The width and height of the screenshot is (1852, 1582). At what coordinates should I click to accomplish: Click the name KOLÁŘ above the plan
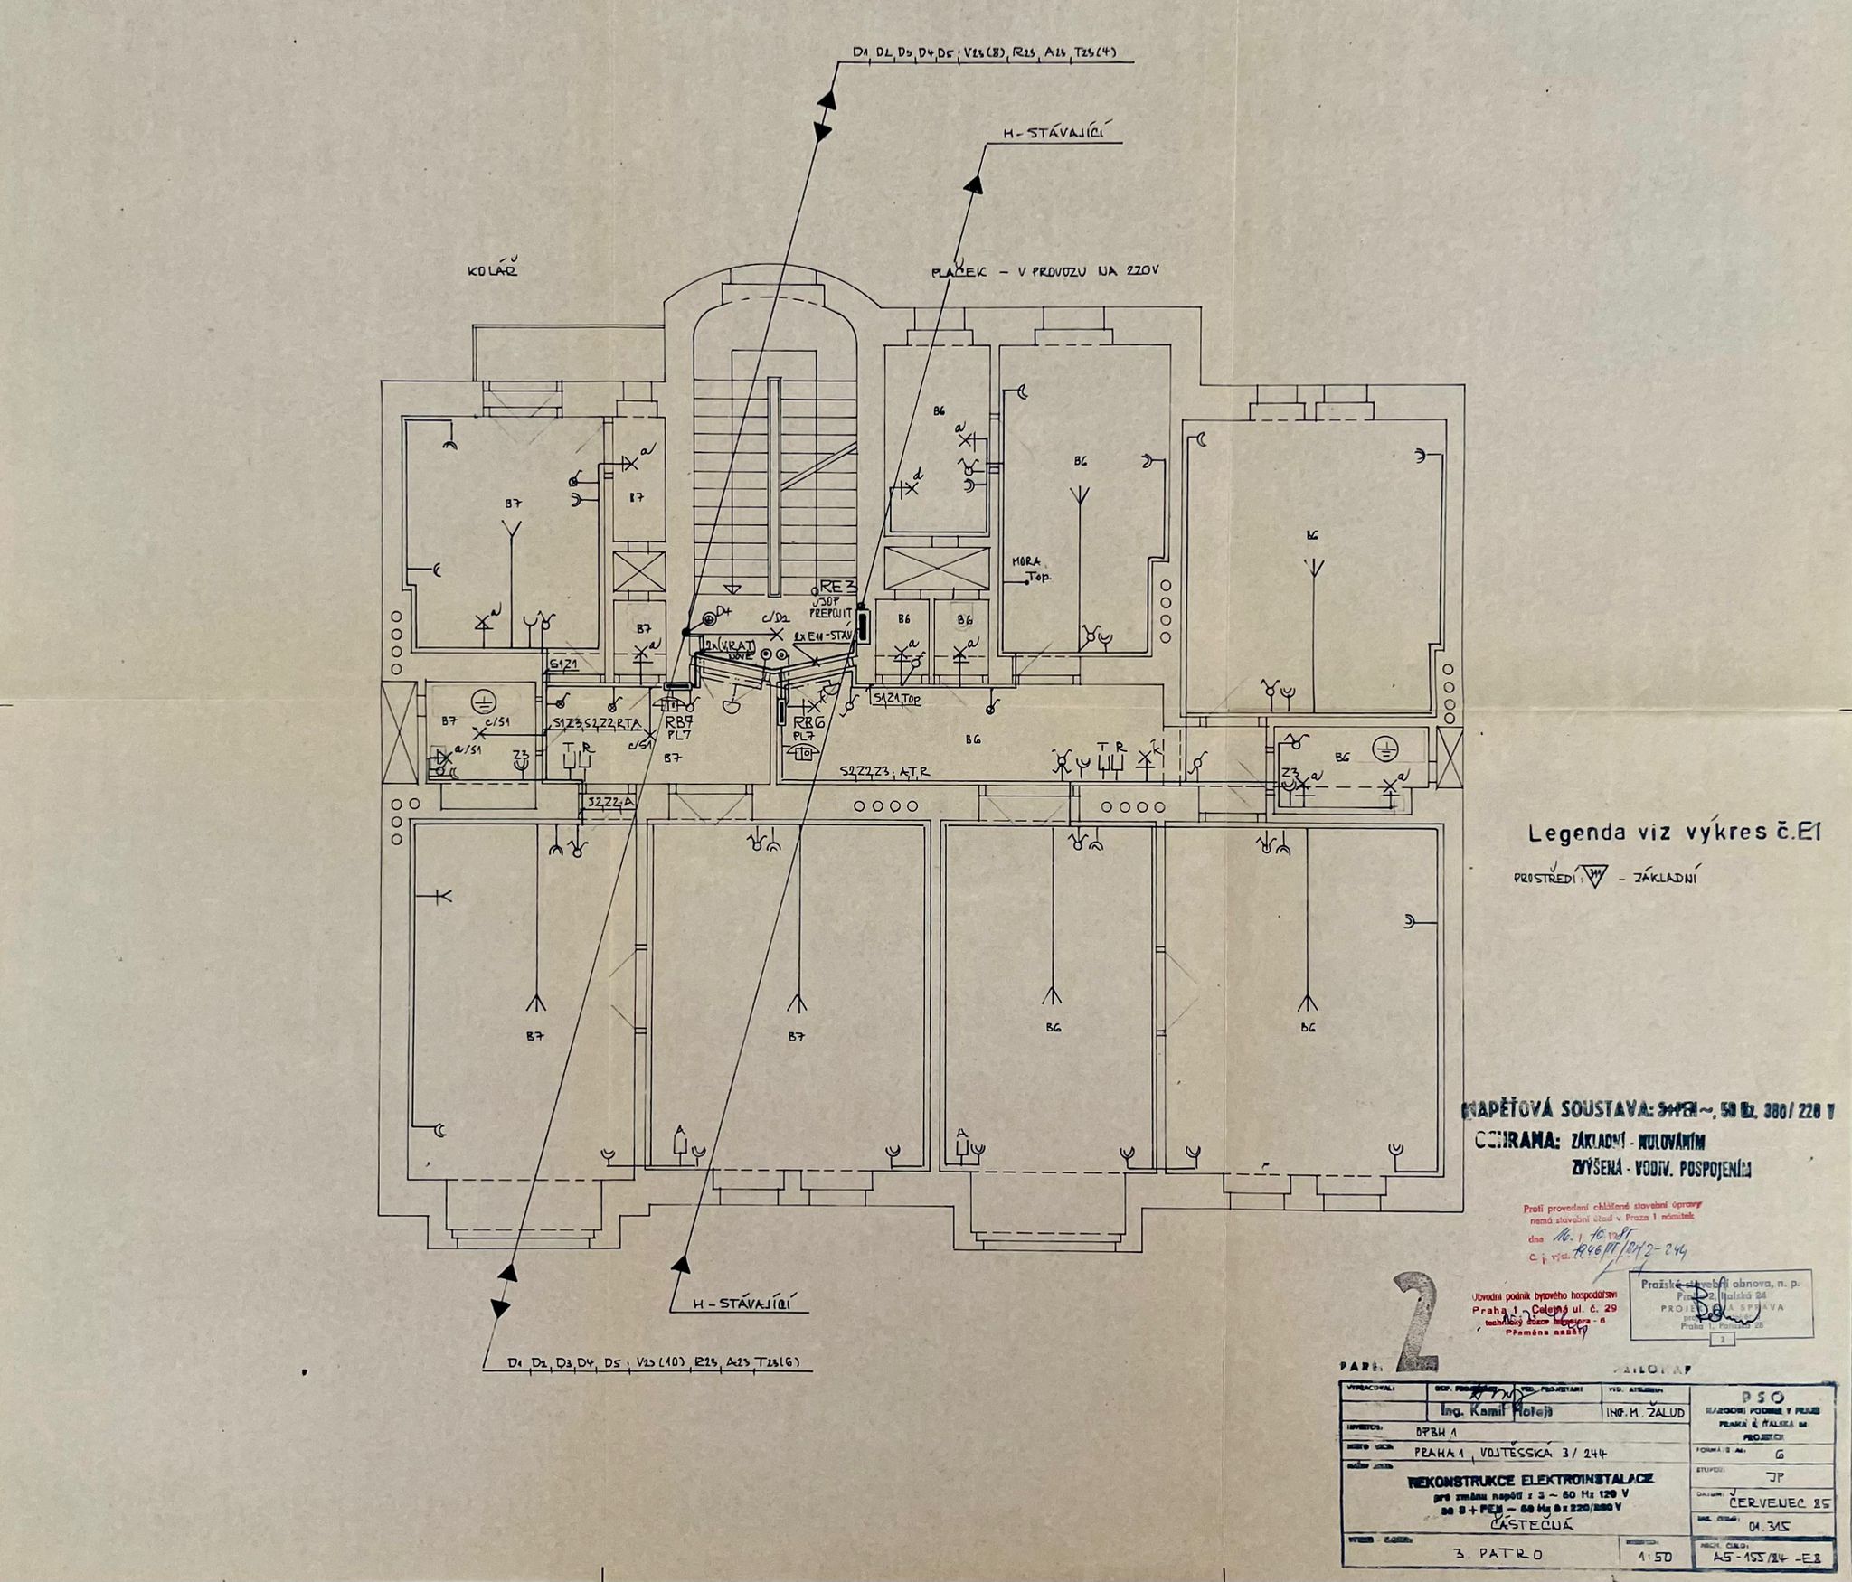pos(493,270)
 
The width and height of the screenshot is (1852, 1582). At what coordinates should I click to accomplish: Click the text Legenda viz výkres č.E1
pos(1673,833)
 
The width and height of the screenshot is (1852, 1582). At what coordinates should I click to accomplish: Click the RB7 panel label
pos(679,722)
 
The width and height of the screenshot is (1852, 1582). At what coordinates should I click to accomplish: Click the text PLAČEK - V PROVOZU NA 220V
pos(1044,270)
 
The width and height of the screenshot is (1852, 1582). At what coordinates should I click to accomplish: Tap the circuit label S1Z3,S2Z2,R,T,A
pos(596,722)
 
